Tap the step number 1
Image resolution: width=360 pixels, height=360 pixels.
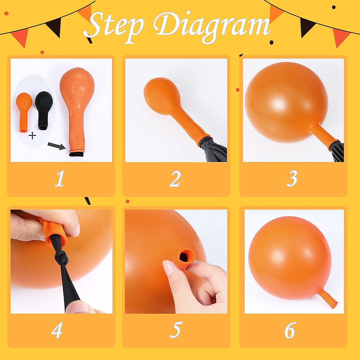point(60,178)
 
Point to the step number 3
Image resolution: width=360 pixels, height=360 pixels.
point(292,178)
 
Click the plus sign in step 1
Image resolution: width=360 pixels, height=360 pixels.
point(32,136)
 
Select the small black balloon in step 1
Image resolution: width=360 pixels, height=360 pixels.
point(44,110)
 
